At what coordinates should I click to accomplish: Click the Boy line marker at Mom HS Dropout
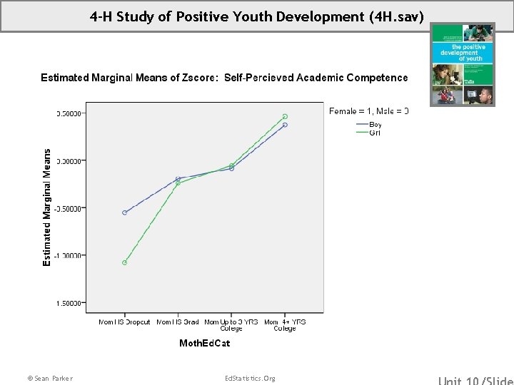124,212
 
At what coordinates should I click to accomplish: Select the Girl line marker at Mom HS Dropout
124,262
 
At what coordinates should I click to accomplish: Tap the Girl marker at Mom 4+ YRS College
285,116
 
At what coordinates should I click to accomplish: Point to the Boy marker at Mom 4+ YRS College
285,125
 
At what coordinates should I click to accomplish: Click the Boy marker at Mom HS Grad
178,178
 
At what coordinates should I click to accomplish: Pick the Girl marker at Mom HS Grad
178,184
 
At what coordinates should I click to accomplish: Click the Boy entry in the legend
375,125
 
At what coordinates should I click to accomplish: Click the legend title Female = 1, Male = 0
368,111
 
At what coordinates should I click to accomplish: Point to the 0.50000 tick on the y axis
71,113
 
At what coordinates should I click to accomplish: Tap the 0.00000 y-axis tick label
71,161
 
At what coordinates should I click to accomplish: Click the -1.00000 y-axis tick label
69,256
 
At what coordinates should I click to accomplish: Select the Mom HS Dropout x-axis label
124,322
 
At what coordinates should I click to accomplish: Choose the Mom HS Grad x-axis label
178,322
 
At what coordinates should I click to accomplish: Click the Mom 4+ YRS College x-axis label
285,325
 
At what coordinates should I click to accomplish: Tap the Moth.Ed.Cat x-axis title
204,344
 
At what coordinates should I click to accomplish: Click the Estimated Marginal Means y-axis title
47,207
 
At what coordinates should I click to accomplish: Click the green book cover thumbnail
462,64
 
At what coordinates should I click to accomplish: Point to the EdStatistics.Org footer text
249,378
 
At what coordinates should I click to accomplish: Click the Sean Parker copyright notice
49,378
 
